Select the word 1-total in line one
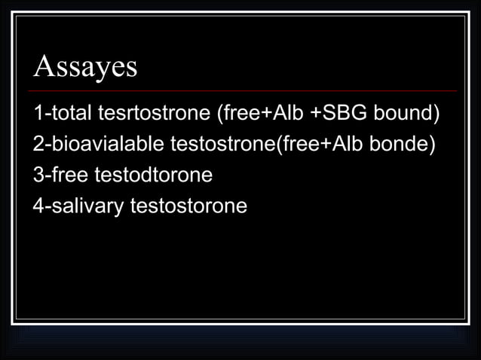point(61,114)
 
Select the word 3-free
point(61,175)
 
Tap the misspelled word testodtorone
point(154,175)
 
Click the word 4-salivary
point(78,205)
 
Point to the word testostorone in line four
point(188,205)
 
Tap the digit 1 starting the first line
point(38,114)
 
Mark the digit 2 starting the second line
point(38,145)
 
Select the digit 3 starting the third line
point(38,175)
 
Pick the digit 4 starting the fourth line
point(38,205)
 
